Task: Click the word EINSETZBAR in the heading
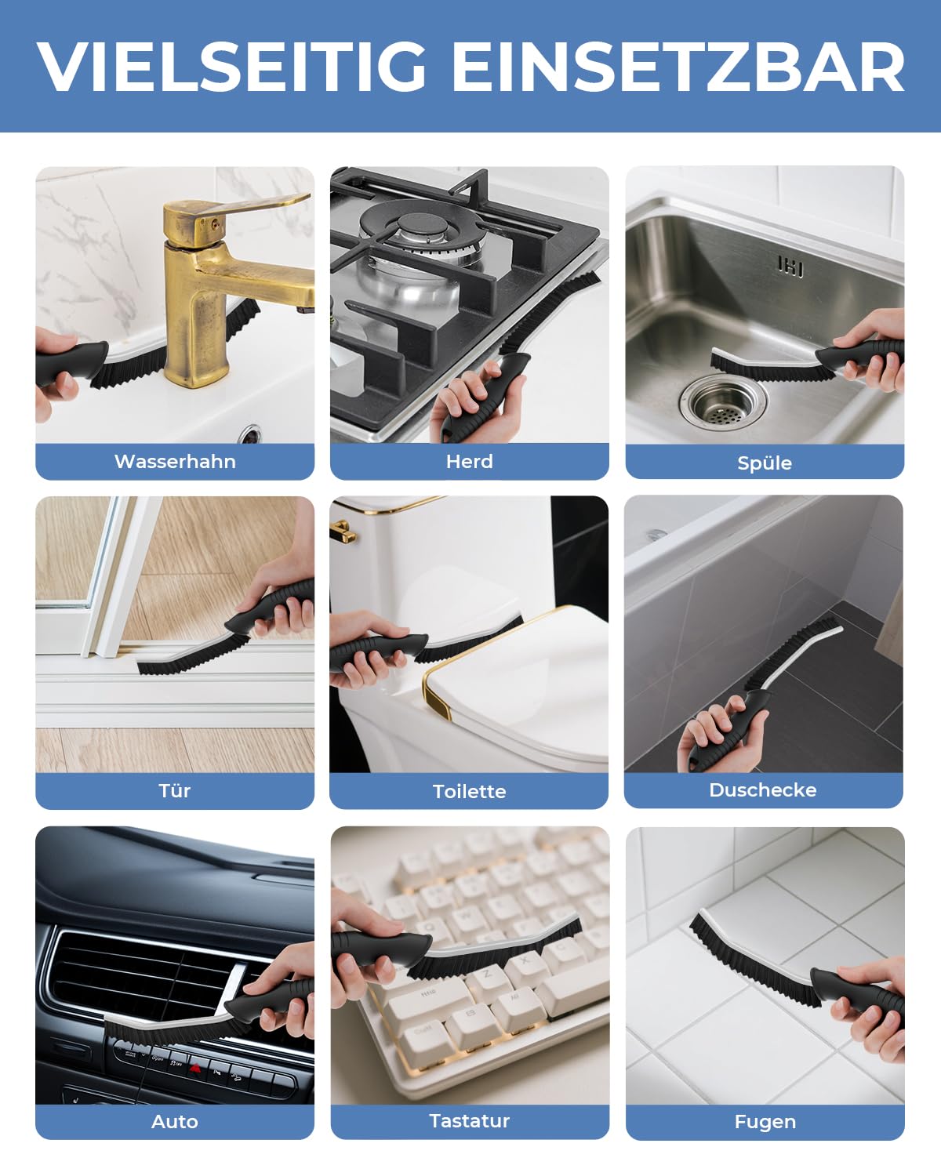click(x=678, y=67)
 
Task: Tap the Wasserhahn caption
click(x=175, y=461)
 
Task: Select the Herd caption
click(x=469, y=461)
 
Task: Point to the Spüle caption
click(x=765, y=463)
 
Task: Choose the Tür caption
click(x=175, y=790)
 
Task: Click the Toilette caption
click(x=469, y=791)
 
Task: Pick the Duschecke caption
click(x=763, y=789)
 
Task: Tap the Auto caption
click(x=175, y=1121)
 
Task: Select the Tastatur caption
click(x=469, y=1120)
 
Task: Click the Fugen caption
click(x=765, y=1122)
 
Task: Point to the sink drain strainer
click(x=719, y=400)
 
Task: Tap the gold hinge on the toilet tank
click(x=343, y=532)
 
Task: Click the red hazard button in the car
click(x=195, y=1068)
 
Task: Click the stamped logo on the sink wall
click(x=790, y=267)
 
